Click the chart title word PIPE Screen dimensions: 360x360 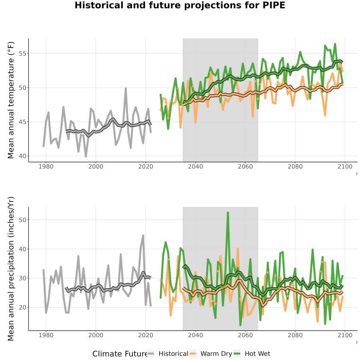tap(274, 5)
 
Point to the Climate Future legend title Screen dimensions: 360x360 tap(120, 354)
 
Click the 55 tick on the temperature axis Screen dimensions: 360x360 tap(22, 54)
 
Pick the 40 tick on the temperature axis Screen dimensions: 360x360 tap(22, 156)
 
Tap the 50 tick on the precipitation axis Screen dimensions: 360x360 tap(22, 220)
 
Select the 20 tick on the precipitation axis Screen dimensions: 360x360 tap(22, 308)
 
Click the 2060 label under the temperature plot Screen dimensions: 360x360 tap(245, 166)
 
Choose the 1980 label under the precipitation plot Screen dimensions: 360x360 tap(46, 335)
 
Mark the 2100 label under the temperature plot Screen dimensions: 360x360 tap(345, 166)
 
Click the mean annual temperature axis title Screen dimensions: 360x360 tap(11, 100)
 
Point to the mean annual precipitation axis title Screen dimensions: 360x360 tap(11, 269)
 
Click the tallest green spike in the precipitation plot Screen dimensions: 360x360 tap(228, 213)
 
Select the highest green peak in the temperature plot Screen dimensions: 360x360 tap(335, 44)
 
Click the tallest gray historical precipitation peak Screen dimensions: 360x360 tap(143, 236)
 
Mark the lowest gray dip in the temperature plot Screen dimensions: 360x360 tap(86, 156)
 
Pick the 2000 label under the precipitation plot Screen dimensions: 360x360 tap(96, 335)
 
